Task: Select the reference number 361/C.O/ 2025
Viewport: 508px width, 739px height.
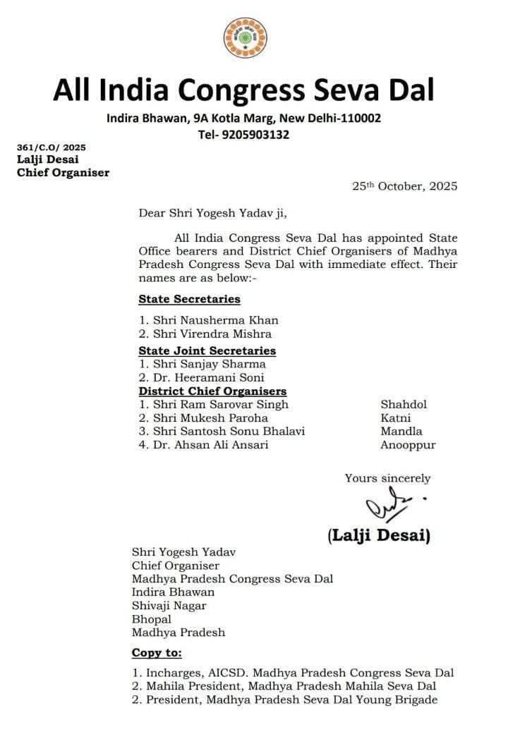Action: pyautogui.click(x=51, y=147)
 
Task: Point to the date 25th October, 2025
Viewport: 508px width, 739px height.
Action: pyautogui.click(x=405, y=186)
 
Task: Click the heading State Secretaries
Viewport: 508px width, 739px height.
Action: pyautogui.click(x=189, y=299)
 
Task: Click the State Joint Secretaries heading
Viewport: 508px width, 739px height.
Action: pyautogui.click(x=207, y=350)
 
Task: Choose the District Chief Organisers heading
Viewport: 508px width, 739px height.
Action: pyautogui.click(x=212, y=391)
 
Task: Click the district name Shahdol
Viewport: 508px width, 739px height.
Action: pyautogui.click(x=404, y=405)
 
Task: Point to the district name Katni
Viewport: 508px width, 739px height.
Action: pyautogui.click(x=396, y=418)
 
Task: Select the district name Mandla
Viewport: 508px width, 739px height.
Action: pyautogui.click(x=401, y=432)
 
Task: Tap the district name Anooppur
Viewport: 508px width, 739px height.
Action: pyautogui.click(x=408, y=445)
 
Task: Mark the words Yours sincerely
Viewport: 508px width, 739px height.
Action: pyautogui.click(x=387, y=478)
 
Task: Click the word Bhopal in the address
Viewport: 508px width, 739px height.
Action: pyautogui.click(x=152, y=619)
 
